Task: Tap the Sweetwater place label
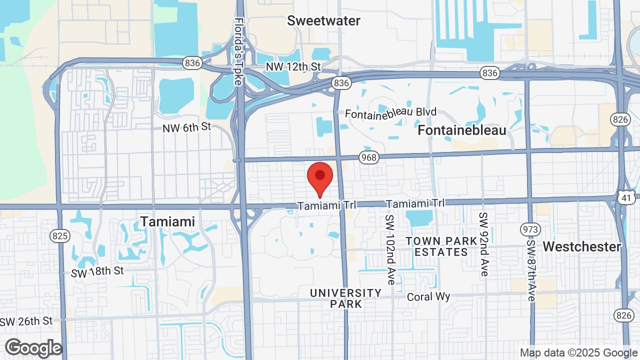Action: click(323, 20)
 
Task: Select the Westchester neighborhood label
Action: click(581, 246)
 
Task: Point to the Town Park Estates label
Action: click(441, 246)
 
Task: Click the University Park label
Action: click(345, 298)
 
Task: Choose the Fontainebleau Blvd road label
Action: click(391, 112)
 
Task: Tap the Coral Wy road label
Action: click(428, 296)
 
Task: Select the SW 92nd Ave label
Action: click(483, 244)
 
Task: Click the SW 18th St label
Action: click(97, 272)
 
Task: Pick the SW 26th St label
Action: click(26, 321)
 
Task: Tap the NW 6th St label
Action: click(187, 128)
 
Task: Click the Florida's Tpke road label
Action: click(239, 51)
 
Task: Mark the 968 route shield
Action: click(368, 157)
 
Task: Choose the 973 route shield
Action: click(530, 229)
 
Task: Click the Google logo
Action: click(33, 348)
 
